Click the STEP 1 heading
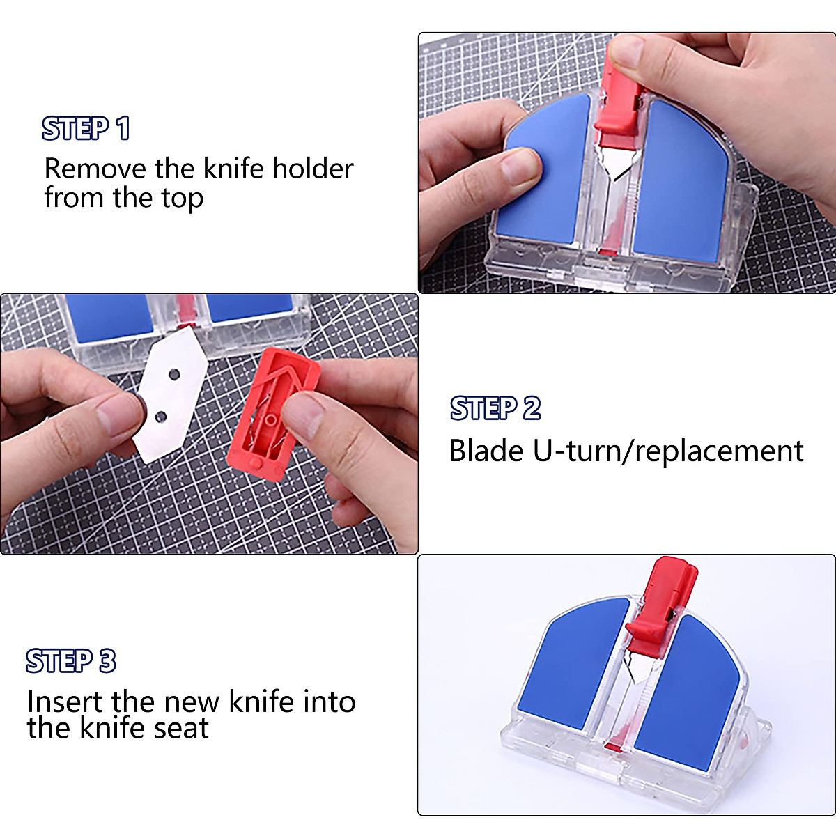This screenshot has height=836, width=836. pos(86,129)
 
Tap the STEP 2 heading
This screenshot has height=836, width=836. pos(495,408)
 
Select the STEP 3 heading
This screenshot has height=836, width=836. pos(70,661)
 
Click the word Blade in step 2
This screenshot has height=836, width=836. pos(486,451)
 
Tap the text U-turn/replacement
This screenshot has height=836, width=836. pos(668,451)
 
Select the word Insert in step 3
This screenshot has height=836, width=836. pos(64,702)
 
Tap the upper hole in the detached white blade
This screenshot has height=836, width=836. pos(175,375)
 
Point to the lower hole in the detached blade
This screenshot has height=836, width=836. pos(161,417)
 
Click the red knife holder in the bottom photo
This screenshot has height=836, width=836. pos(662,599)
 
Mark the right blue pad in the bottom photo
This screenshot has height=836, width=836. pos(690,690)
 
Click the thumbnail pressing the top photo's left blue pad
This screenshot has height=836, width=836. pos(519,167)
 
